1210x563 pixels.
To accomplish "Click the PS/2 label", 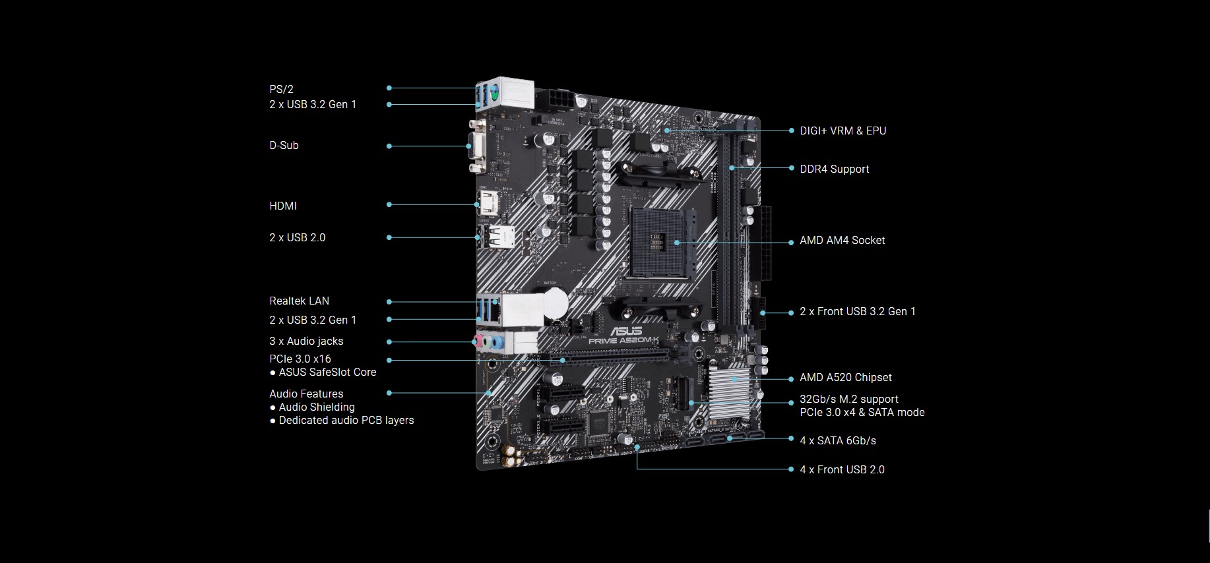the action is [x=281, y=89].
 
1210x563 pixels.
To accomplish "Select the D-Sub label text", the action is [x=284, y=145].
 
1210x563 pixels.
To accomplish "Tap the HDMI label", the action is [x=283, y=206].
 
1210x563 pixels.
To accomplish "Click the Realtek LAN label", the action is [x=299, y=301].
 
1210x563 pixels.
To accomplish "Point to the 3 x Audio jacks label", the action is [x=306, y=341].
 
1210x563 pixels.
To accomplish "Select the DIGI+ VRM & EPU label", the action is [x=843, y=131].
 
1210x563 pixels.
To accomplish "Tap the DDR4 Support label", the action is [x=835, y=169].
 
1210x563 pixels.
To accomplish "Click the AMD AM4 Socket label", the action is [x=843, y=240].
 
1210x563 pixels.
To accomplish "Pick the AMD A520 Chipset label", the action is [x=846, y=377].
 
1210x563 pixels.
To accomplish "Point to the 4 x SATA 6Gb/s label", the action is [x=838, y=440].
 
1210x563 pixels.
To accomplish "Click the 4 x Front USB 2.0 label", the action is [x=843, y=469].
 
